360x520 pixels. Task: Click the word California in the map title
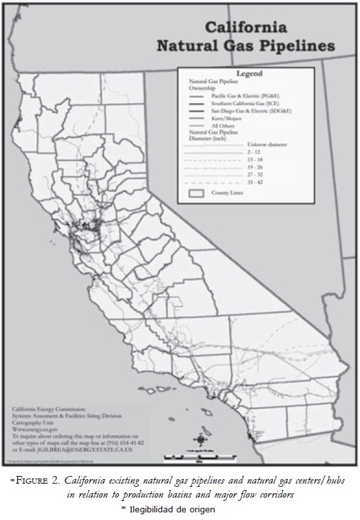pyautogui.click(x=245, y=28)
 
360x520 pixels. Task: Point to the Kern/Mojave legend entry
pyautogui.click(x=225, y=119)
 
